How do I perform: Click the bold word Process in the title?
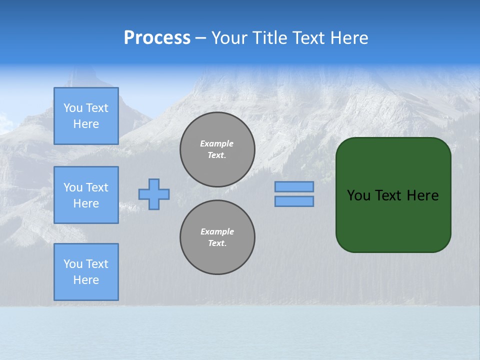pos(157,38)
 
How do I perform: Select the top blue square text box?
pos(86,116)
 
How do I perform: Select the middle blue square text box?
pos(86,195)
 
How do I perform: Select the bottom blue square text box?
pos(86,272)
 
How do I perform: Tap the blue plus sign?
pos(154,194)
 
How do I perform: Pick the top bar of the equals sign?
pos(294,186)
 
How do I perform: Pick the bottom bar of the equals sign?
pos(294,201)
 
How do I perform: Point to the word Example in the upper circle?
pos(217,143)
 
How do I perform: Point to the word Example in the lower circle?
pos(217,231)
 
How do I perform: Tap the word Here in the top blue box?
pos(86,124)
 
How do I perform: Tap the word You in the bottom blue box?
pos(73,263)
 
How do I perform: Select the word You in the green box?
pos(358,195)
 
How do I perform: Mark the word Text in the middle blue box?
pos(97,187)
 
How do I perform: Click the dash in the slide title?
pos(200,38)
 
